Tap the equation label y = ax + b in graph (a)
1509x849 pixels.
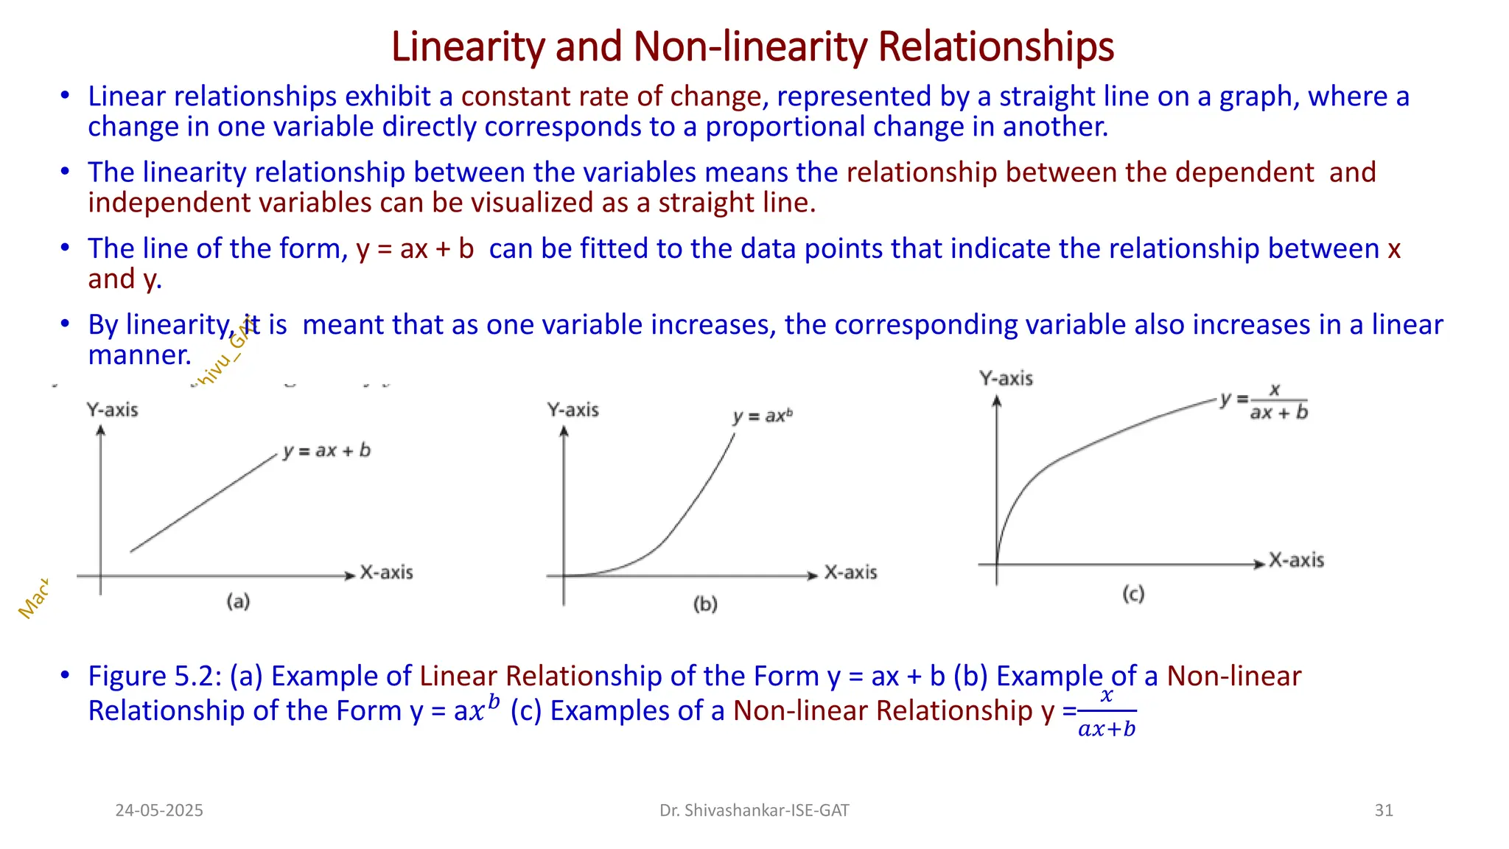coord(326,450)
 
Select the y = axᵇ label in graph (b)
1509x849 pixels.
coord(763,416)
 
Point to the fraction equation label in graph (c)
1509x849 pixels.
coord(1264,401)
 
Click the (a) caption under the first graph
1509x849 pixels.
coord(238,601)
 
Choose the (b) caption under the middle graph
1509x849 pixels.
coord(705,604)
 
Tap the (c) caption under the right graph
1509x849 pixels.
coord(1133,594)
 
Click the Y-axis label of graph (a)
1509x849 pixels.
coord(112,410)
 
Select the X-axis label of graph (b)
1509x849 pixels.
coord(850,573)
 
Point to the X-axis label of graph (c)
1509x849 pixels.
coord(1296,560)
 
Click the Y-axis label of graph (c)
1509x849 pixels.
coord(1006,379)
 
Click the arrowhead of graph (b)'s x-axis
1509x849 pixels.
coord(813,576)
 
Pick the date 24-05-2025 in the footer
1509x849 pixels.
coord(159,811)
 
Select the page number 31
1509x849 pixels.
coord(1384,811)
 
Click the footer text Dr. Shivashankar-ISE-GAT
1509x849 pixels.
coord(754,811)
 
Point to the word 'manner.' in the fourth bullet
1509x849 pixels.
coord(139,355)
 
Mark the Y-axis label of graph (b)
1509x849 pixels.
coord(573,410)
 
